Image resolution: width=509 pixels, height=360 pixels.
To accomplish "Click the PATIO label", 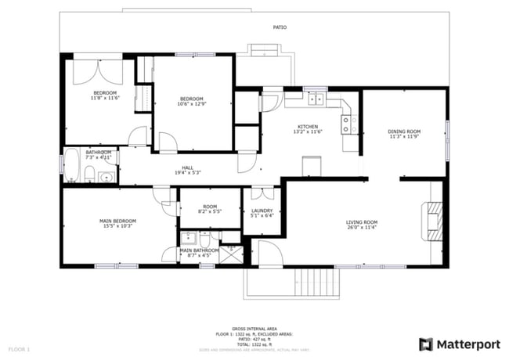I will click(280, 27).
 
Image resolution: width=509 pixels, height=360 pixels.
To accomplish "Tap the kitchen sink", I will click(316, 99).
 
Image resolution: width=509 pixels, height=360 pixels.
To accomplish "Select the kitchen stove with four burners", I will click(348, 123).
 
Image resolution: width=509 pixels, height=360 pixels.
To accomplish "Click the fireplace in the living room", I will click(433, 221).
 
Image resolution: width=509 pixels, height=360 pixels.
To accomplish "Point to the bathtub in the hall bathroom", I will click(72, 165).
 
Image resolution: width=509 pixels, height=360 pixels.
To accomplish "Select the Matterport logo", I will click(458, 344).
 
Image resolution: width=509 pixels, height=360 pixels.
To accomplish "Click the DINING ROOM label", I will click(404, 131).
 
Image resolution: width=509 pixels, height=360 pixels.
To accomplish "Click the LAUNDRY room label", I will click(262, 211).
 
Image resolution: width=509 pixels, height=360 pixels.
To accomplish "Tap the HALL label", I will click(188, 167).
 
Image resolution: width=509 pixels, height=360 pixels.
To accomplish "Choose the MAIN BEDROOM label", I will click(117, 221).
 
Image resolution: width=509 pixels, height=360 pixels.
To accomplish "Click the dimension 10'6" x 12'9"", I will click(192, 104).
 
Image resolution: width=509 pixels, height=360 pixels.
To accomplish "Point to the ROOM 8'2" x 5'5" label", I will click(210, 210).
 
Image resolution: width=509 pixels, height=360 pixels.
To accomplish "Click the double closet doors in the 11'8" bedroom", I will click(98, 72).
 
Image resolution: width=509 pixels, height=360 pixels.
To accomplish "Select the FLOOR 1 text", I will click(19, 348).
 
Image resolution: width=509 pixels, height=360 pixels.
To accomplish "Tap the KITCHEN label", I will click(307, 127).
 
